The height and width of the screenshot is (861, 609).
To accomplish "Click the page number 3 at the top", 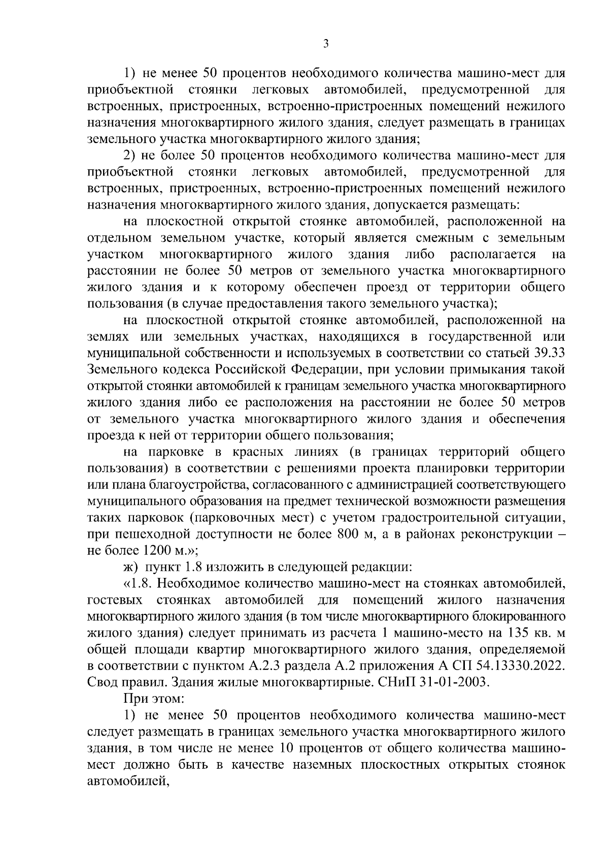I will (326, 45).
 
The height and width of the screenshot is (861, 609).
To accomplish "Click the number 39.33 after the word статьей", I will (550, 353).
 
